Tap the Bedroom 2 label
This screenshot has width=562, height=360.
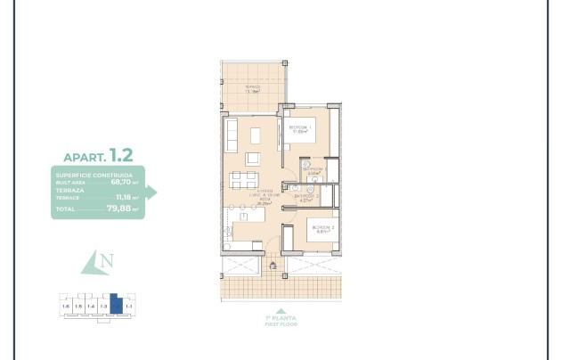pyautogui.click(x=322, y=229)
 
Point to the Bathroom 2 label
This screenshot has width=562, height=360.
pyautogui.click(x=305, y=198)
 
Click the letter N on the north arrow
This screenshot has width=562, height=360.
pyautogui.click(x=107, y=261)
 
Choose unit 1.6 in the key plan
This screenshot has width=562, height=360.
pyautogui.click(x=65, y=307)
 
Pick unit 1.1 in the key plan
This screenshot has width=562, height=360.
pyautogui.click(x=129, y=307)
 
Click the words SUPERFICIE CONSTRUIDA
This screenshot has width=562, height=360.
pyautogui.click(x=94, y=176)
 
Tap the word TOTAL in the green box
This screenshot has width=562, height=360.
pyautogui.click(x=65, y=210)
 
